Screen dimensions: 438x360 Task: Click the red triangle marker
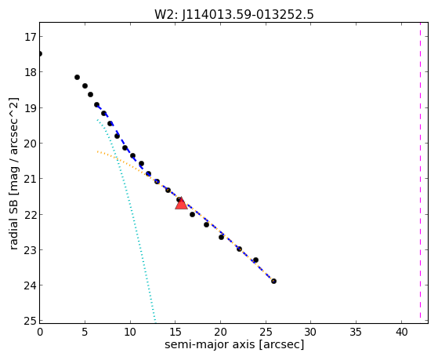tap(181, 203)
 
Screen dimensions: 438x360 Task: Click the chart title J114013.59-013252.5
tap(248, 15)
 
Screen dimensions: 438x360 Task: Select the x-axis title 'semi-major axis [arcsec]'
tap(234, 344)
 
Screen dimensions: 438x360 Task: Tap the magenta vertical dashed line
tap(420, 171)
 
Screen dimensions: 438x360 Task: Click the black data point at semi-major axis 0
tap(40, 53)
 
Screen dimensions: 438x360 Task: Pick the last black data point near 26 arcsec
tap(273, 281)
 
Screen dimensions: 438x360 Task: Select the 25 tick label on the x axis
tap(266, 332)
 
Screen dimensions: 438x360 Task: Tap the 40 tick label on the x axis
tap(401, 332)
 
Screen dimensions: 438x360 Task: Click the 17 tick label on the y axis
tap(30, 37)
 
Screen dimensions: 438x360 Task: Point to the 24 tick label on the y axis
tap(30, 285)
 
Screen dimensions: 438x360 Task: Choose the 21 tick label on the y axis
tap(30, 179)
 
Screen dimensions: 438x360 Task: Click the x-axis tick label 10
tap(130, 332)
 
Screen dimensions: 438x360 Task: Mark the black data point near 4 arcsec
tap(77, 77)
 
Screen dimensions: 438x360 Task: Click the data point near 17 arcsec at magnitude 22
tap(192, 214)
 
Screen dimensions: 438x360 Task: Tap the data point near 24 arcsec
tap(255, 260)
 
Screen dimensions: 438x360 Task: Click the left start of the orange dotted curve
tap(97, 151)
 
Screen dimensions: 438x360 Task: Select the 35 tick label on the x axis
tap(357, 332)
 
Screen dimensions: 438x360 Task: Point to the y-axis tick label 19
tap(30, 107)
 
